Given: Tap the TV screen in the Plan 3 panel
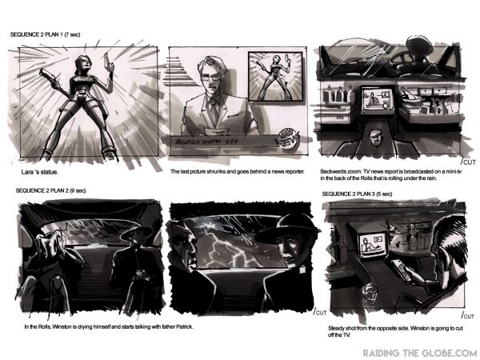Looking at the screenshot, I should tap(373, 246).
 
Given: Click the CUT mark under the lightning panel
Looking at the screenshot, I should tap(322, 311).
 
